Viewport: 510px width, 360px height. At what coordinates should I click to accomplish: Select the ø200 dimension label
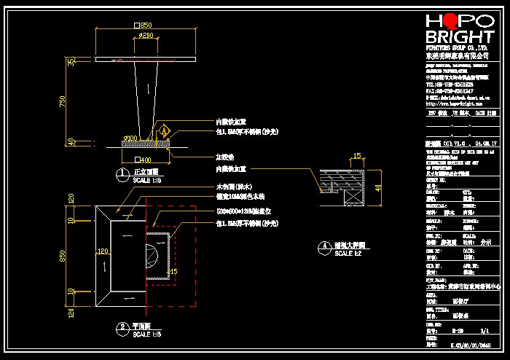click(146, 35)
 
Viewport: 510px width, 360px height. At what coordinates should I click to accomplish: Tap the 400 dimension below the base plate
click(145, 160)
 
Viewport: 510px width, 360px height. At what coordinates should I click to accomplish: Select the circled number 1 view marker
click(122, 174)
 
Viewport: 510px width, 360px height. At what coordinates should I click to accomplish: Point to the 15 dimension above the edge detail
click(357, 155)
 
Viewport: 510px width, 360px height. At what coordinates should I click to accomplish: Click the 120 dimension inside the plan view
click(103, 250)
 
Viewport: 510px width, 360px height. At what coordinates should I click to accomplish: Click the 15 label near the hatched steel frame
click(172, 271)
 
